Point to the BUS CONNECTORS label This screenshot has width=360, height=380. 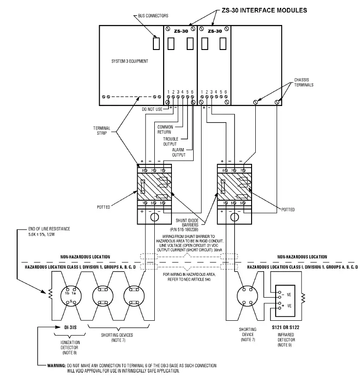click(153, 16)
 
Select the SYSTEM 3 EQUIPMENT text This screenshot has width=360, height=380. click(130, 61)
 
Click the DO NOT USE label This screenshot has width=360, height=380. click(152, 109)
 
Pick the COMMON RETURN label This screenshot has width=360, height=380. click(164, 129)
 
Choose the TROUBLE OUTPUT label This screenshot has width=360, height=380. click(171, 142)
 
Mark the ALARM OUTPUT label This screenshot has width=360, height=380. click(178, 152)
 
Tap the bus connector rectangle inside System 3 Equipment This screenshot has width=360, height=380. click(156, 43)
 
